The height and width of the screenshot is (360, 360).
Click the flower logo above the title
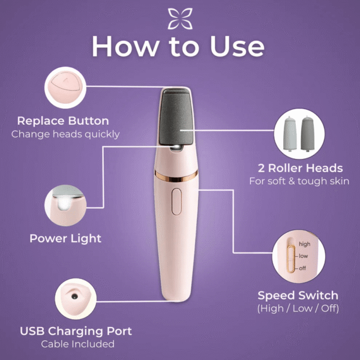[x=180, y=19]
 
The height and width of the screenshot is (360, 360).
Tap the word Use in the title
[x=237, y=46]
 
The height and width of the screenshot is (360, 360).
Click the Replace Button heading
[x=63, y=121]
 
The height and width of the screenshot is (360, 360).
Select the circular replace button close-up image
[x=65, y=88]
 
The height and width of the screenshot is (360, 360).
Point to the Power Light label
[x=65, y=239]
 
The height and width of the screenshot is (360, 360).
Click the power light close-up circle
[x=65, y=205]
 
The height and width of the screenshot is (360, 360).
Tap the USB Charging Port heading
[x=76, y=331]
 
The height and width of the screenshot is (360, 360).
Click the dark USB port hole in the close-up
[x=74, y=296]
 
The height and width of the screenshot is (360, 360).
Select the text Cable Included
[x=78, y=344]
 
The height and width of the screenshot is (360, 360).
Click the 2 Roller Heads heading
[x=301, y=168]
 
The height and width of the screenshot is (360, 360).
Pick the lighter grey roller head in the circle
[x=290, y=134]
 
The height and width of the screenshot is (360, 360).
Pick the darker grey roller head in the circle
[x=308, y=134]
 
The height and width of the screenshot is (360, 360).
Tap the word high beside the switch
[x=304, y=244]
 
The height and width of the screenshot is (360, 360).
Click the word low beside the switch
[x=303, y=256]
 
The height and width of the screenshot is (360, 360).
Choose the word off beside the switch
[x=302, y=268]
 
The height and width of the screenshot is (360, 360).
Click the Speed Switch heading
[x=298, y=295]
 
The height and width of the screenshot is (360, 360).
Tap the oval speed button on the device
[x=176, y=202]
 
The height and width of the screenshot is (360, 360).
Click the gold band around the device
[x=176, y=176]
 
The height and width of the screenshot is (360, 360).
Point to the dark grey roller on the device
[x=176, y=117]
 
